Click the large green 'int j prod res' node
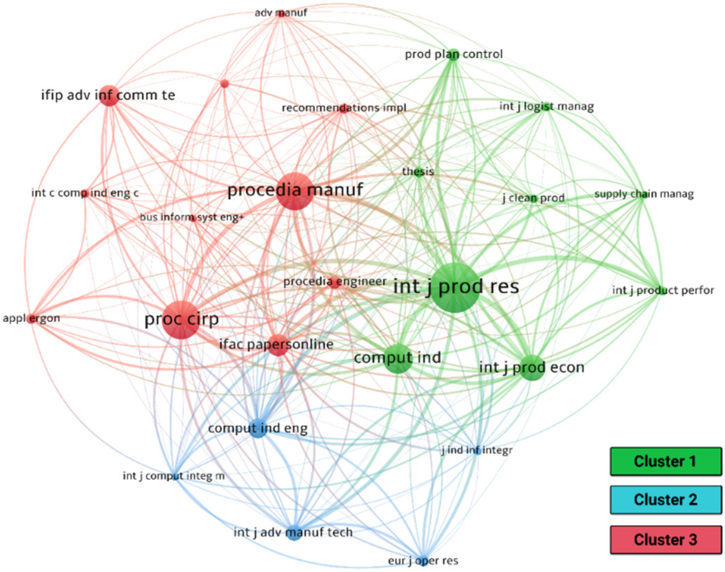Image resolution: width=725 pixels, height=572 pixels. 455,288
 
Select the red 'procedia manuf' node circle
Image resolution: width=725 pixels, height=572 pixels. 295,191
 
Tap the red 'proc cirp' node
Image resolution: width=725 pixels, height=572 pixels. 181,320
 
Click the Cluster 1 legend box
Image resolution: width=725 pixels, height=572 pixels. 666,461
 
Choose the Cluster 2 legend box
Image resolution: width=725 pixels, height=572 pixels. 666,500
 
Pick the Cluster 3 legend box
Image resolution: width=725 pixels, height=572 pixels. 666,539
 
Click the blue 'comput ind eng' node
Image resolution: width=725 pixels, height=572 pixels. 258,428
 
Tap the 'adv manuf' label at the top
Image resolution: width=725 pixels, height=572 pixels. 281,13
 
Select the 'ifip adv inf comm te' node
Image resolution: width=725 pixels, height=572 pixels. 109,96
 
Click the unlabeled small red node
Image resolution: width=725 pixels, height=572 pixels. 225,84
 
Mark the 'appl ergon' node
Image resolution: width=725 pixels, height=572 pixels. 32,318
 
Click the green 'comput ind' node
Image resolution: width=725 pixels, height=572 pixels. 398,358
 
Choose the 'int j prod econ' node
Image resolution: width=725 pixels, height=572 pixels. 532,368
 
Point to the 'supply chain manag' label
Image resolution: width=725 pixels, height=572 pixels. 644,194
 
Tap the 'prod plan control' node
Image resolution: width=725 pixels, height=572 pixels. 454,55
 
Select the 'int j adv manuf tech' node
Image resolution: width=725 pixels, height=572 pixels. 294,532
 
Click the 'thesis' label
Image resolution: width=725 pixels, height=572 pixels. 418,171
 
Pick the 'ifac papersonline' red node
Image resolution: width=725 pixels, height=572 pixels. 278,345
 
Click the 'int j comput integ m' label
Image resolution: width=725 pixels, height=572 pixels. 174,476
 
